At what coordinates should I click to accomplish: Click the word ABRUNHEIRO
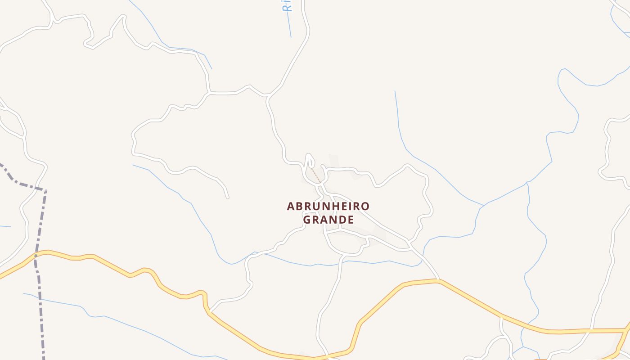pyautogui.click(x=328, y=206)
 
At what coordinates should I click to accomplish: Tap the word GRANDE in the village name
pyautogui.click(x=328, y=220)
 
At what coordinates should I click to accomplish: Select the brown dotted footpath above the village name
pyautogui.click(x=316, y=176)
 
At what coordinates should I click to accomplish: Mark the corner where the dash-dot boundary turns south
pyautogui.click(x=45, y=190)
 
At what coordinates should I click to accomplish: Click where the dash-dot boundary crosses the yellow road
pyautogui.click(x=36, y=254)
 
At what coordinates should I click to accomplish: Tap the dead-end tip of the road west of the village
pyautogui.click(x=227, y=197)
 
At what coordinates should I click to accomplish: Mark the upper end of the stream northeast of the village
pyautogui.click(x=395, y=92)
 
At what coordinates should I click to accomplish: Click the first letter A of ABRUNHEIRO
pyautogui.click(x=291, y=206)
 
